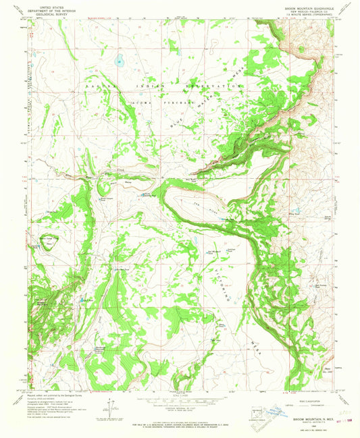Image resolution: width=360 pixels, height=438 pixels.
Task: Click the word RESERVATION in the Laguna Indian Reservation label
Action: coord(215,87)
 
